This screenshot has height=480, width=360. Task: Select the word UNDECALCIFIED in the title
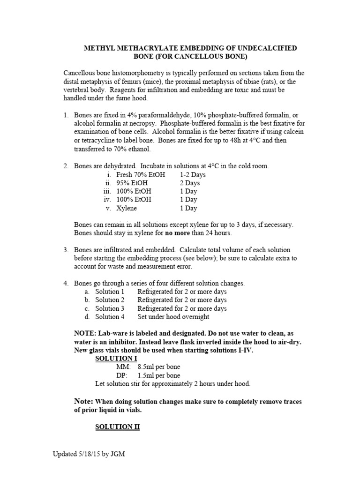tap(267, 48)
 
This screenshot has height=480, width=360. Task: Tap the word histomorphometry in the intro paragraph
tap(150, 73)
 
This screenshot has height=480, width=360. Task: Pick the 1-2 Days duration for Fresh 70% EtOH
tap(193, 174)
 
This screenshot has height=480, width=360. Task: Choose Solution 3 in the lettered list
tap(110, 308)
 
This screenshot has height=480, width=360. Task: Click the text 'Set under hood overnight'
tap(173, 317)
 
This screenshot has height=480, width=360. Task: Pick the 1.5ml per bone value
tap(158, 375)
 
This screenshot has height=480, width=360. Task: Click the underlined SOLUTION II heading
tap(118, 427)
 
